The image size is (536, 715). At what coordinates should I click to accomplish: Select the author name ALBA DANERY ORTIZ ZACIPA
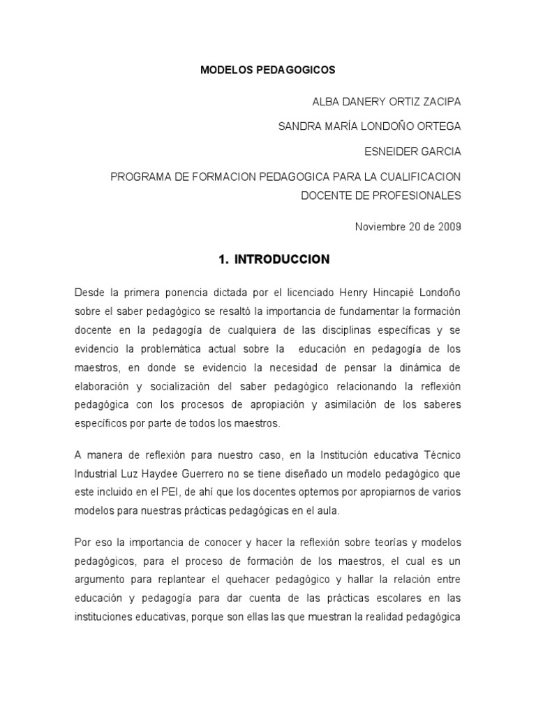tap(386, 101)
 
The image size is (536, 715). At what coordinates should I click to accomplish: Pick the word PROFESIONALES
tap(425, 196)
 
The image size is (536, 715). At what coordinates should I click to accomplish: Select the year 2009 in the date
tap(448, 227)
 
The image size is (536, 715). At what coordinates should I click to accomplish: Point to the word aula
tap(327, 511)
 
